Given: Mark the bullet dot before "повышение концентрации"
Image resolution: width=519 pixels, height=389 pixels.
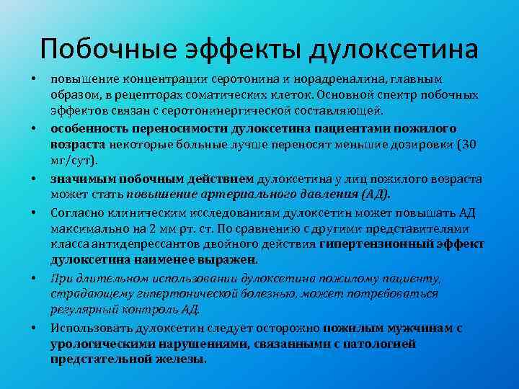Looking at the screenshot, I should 33,79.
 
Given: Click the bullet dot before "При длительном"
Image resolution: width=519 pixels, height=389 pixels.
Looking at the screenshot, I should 33,278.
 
